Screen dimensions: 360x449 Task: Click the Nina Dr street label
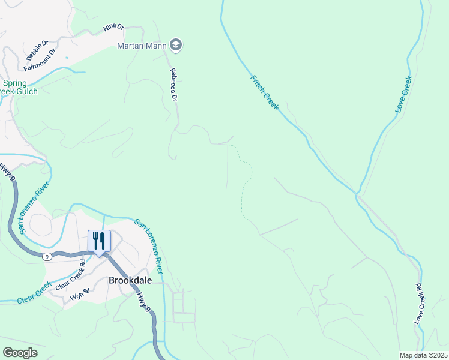(113, 28)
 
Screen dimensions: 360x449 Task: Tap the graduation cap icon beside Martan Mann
(176, 44)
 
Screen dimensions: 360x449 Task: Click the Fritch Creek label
(265, 92)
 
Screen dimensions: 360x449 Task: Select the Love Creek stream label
(403, 95)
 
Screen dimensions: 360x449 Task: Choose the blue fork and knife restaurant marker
(97, 241)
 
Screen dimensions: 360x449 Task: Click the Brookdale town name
(128, 280)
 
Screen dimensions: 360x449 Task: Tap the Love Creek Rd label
(418, 304)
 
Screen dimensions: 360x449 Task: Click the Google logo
(20, 353)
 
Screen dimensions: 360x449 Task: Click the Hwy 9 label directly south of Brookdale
(142, 301)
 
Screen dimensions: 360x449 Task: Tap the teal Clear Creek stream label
(34, 292)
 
